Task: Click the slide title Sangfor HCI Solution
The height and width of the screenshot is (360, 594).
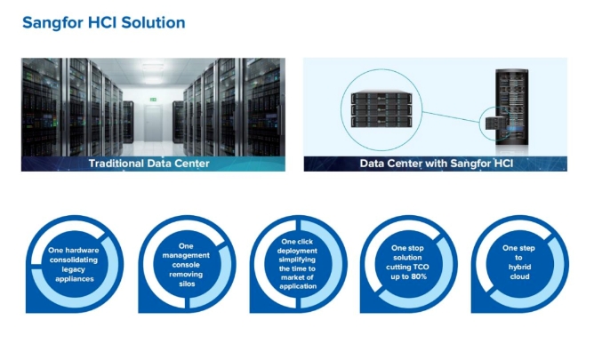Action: click(103, 22)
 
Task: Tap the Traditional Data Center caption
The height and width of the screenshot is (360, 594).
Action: click(148, 164)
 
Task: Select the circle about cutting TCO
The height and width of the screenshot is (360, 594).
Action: click(408, 264)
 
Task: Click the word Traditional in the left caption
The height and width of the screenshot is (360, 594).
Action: click(118, 164)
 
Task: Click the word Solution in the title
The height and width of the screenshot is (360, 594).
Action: click(154, 22)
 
